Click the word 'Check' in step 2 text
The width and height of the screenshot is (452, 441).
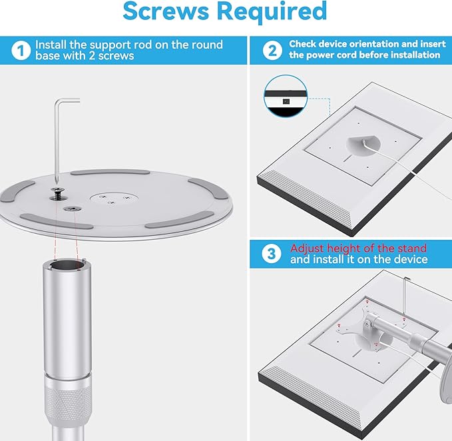pos(304,44)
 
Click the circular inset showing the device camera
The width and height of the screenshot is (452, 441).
pos(285,97)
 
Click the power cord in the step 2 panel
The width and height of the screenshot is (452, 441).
pos(413,173)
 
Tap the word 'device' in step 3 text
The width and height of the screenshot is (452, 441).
pos(407,259)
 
